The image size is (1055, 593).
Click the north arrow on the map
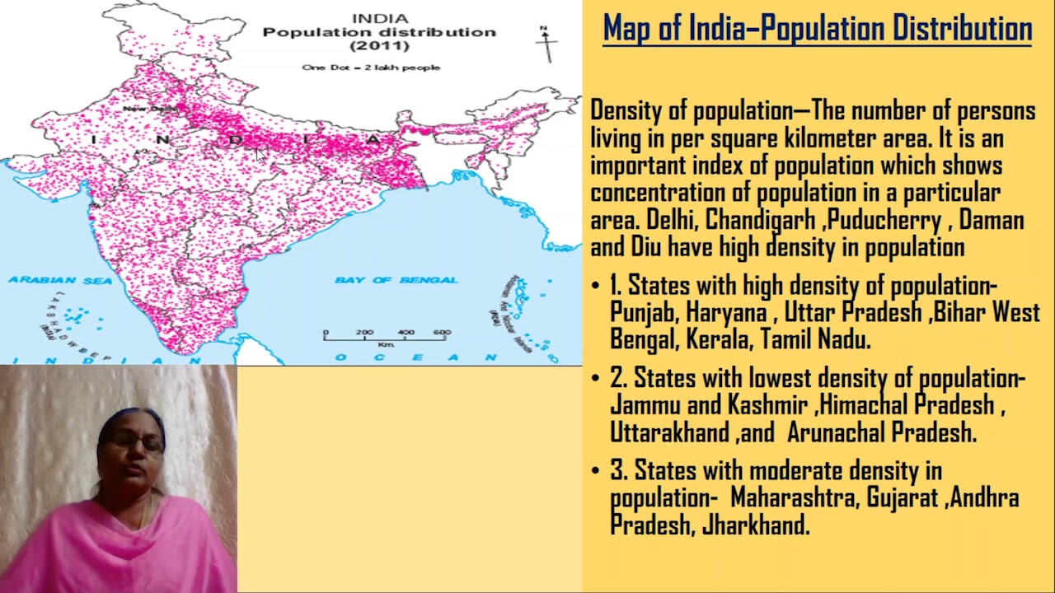(x=546, y=43)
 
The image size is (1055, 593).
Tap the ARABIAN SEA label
(x=60, y=281)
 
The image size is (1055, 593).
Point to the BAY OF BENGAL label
(x=396, y=281)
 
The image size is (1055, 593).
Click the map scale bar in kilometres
(x=386, y=336)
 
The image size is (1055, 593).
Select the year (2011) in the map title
(x=379, y=46)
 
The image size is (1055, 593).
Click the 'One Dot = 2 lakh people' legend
(x=371, y=68)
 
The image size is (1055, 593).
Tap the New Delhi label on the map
(x=151, y=109)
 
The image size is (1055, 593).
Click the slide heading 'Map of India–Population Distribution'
(x=817, y=29)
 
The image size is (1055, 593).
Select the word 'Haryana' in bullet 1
(x=726, y=313)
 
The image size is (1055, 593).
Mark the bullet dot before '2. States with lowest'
(x=596, y=379)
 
